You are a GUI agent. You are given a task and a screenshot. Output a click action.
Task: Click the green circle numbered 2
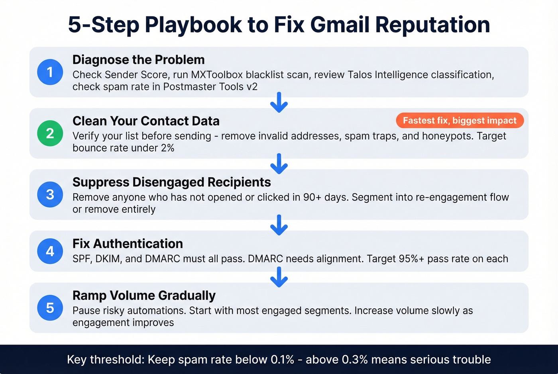click(50, 133)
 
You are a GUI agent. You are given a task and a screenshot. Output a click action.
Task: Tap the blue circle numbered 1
click(50, 72)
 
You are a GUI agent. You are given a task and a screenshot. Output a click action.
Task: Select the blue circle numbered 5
click(50, 307)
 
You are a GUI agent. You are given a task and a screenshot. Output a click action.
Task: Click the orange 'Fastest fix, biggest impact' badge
click(460, 120)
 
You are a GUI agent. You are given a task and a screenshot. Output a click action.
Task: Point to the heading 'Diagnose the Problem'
click(138, 60)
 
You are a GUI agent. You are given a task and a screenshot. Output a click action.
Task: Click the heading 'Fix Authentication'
click(128, 243)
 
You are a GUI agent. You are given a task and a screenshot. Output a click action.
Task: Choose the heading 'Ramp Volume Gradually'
click(144, 296)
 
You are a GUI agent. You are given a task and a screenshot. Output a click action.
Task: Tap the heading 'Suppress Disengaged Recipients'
click(171, 182)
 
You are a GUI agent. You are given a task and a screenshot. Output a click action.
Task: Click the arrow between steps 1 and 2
click(279, 102)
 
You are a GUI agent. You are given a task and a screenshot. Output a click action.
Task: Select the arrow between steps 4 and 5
click(279, 277)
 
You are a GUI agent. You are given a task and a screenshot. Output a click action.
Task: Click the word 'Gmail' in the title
click(339, 24)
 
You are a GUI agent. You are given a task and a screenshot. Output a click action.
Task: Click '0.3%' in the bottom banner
click(355, 360)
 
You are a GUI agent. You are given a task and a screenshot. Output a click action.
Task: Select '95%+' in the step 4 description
click(411, 259)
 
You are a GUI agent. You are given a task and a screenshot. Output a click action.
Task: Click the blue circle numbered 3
click(50, 194)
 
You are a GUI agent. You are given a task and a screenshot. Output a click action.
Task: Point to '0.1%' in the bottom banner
click(282, 360)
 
